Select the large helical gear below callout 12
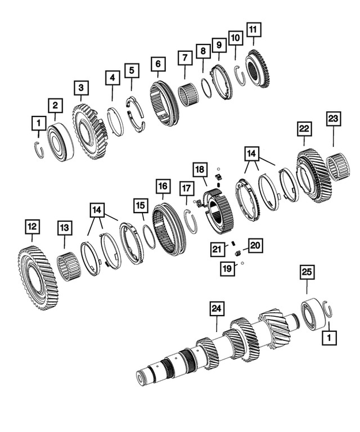(x=39, y=277)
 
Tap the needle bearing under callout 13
(x=70, y=266)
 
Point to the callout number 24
(x=216, y=309)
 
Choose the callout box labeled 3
(x=81, y=88)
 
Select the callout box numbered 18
(x=199, y=170)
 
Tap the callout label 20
(x=255, y=246)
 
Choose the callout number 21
(x=216, y=249)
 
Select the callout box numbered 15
(x=140, y=205)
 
